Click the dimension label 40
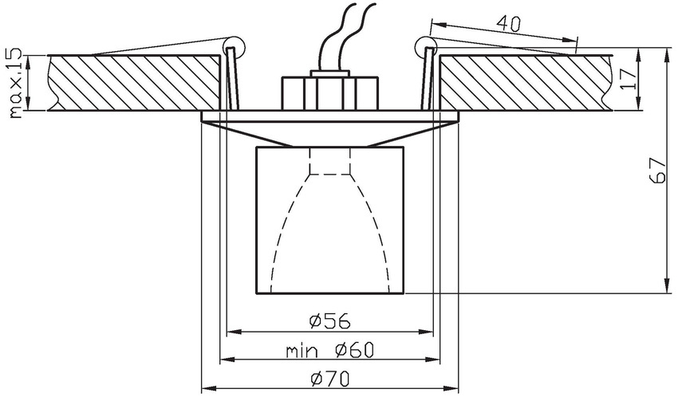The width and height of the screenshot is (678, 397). [509, 24]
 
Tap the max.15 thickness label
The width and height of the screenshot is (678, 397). [14, 82]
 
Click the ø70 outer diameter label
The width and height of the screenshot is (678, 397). [330, 378]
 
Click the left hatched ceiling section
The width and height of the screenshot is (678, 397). [132, 81]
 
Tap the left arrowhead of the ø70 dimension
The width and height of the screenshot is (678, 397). [205, 389]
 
